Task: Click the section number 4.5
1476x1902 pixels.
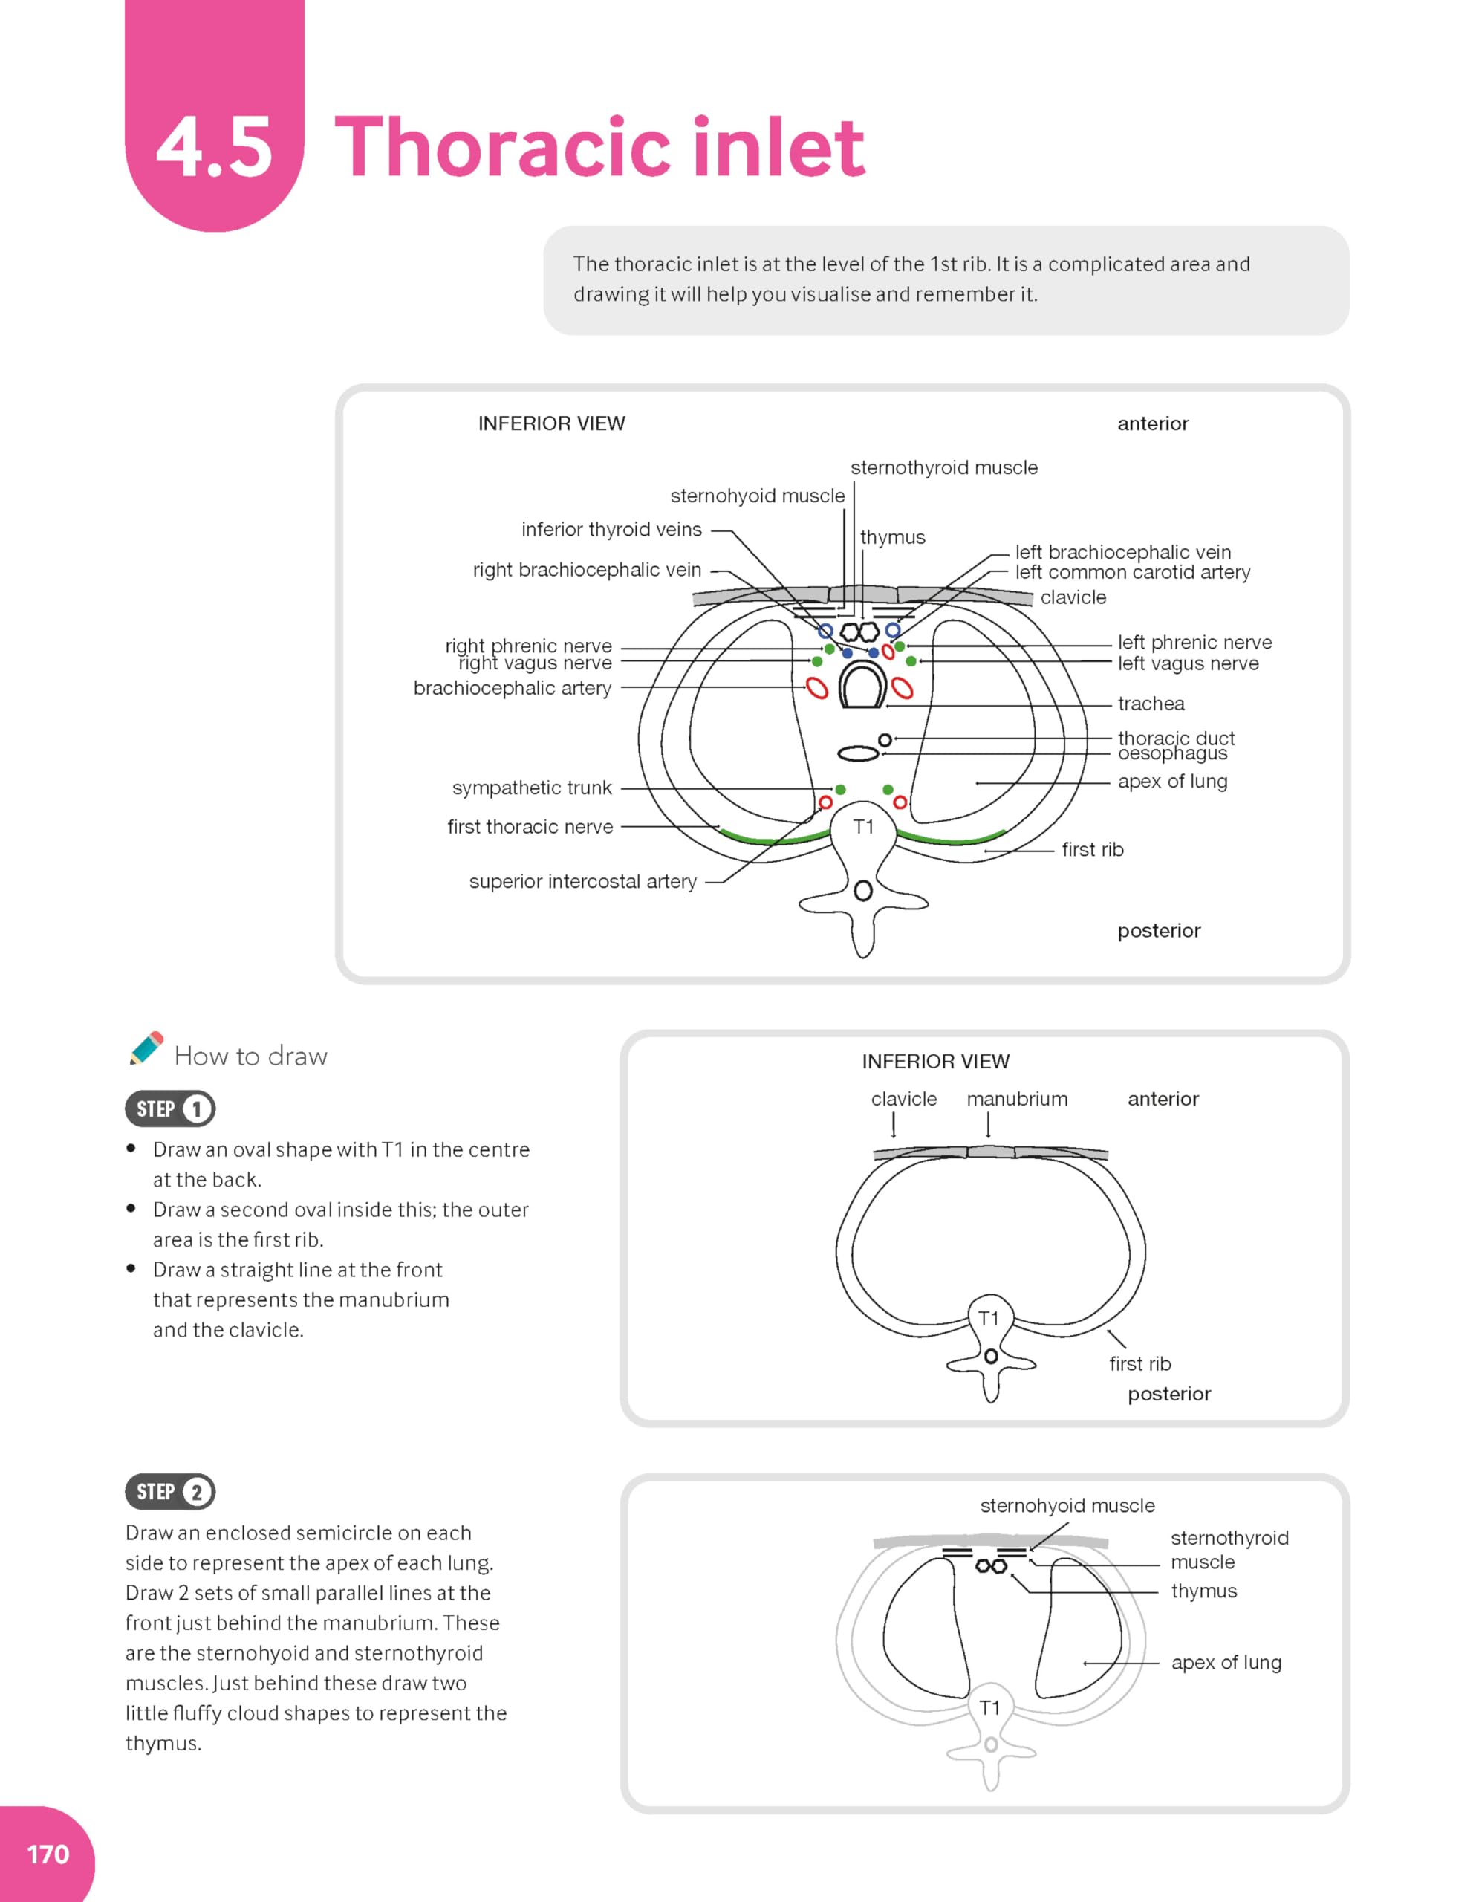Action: (214, 148)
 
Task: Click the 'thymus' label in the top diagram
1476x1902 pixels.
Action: (893, 537)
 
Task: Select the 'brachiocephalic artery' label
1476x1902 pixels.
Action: (512, 688)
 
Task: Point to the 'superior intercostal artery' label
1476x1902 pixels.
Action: (582, 881)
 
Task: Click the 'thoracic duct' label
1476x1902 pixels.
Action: (1176, 738)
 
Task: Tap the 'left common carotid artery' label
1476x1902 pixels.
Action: (1132, 572)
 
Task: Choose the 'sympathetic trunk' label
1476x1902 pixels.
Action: (531, 788)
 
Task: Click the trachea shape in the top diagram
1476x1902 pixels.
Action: (862, 684)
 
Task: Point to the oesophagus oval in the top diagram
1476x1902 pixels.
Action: (859, 753)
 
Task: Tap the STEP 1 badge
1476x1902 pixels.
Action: (171, 1109)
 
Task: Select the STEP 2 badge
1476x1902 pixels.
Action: (171, 1492)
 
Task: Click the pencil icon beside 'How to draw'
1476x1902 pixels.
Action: (146, 1048)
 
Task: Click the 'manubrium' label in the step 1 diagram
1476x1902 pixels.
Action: (1016, 1099)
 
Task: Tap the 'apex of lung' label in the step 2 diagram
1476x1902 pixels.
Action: (1226, 1663)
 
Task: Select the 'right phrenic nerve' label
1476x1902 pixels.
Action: (529, 646)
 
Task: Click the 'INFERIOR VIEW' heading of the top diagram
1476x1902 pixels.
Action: (551, 423)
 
